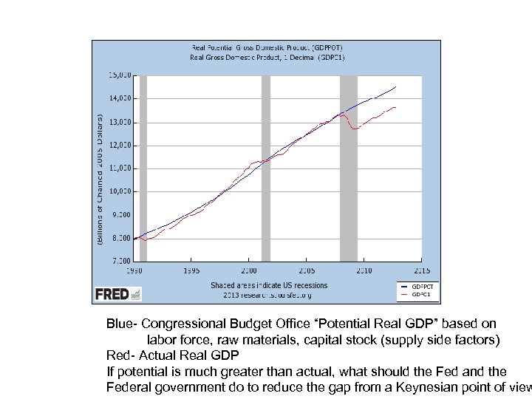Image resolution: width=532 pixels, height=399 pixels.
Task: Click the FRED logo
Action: pos(117,294)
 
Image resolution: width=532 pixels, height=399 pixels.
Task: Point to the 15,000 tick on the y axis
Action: pos(120,75)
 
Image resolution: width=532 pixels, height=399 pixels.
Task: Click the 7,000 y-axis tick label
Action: pos(121,261)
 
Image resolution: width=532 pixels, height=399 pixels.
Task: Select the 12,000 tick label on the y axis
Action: pos(120,145)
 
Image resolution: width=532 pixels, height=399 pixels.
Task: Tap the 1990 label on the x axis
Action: pos(133,270)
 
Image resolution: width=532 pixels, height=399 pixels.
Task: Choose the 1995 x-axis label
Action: pos(191,270)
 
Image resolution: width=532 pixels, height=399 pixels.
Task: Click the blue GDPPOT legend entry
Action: pos(417,286)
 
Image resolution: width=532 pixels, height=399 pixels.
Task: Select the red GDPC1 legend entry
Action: pos(417,294)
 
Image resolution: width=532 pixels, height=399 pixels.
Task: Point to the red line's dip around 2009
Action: pos(355,129)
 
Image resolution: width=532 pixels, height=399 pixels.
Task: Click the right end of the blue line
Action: pos(396,87)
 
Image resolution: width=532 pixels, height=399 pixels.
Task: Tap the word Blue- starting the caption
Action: pos(122,324)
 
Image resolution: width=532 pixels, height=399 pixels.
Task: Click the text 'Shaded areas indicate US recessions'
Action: pos(269,285)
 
